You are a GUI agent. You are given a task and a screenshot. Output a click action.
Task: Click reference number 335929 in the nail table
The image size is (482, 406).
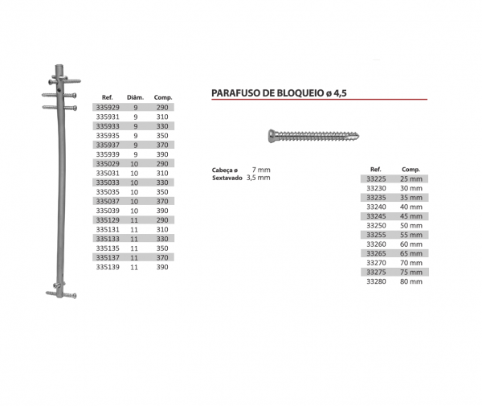[x=107, y=106]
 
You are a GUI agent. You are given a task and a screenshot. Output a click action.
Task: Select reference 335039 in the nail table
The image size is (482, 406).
[x=107, y=210]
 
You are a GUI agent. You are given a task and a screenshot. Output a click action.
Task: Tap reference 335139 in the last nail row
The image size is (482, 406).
[x=107, y=267]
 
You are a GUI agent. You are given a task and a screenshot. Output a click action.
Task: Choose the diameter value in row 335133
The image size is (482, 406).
[x=136, y=238]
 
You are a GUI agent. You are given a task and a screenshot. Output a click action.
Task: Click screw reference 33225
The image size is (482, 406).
[x=375, y=178]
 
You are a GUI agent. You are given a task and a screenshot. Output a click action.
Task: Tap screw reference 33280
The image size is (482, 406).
[x=375, y=282]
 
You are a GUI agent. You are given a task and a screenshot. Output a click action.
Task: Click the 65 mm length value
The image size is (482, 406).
[x=411, y=254]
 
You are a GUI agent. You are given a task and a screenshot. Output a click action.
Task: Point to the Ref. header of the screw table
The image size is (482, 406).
[x=375, y=170]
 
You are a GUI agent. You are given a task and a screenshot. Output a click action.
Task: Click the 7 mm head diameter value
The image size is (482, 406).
[x=261, y=170]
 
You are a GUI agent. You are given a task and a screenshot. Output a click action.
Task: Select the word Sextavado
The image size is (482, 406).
[x=227, y=177]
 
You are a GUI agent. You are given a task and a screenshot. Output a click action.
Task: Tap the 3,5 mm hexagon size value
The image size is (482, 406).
[x=258, y=177]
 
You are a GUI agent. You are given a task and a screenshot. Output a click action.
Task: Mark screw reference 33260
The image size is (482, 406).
[x=375, y=244]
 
